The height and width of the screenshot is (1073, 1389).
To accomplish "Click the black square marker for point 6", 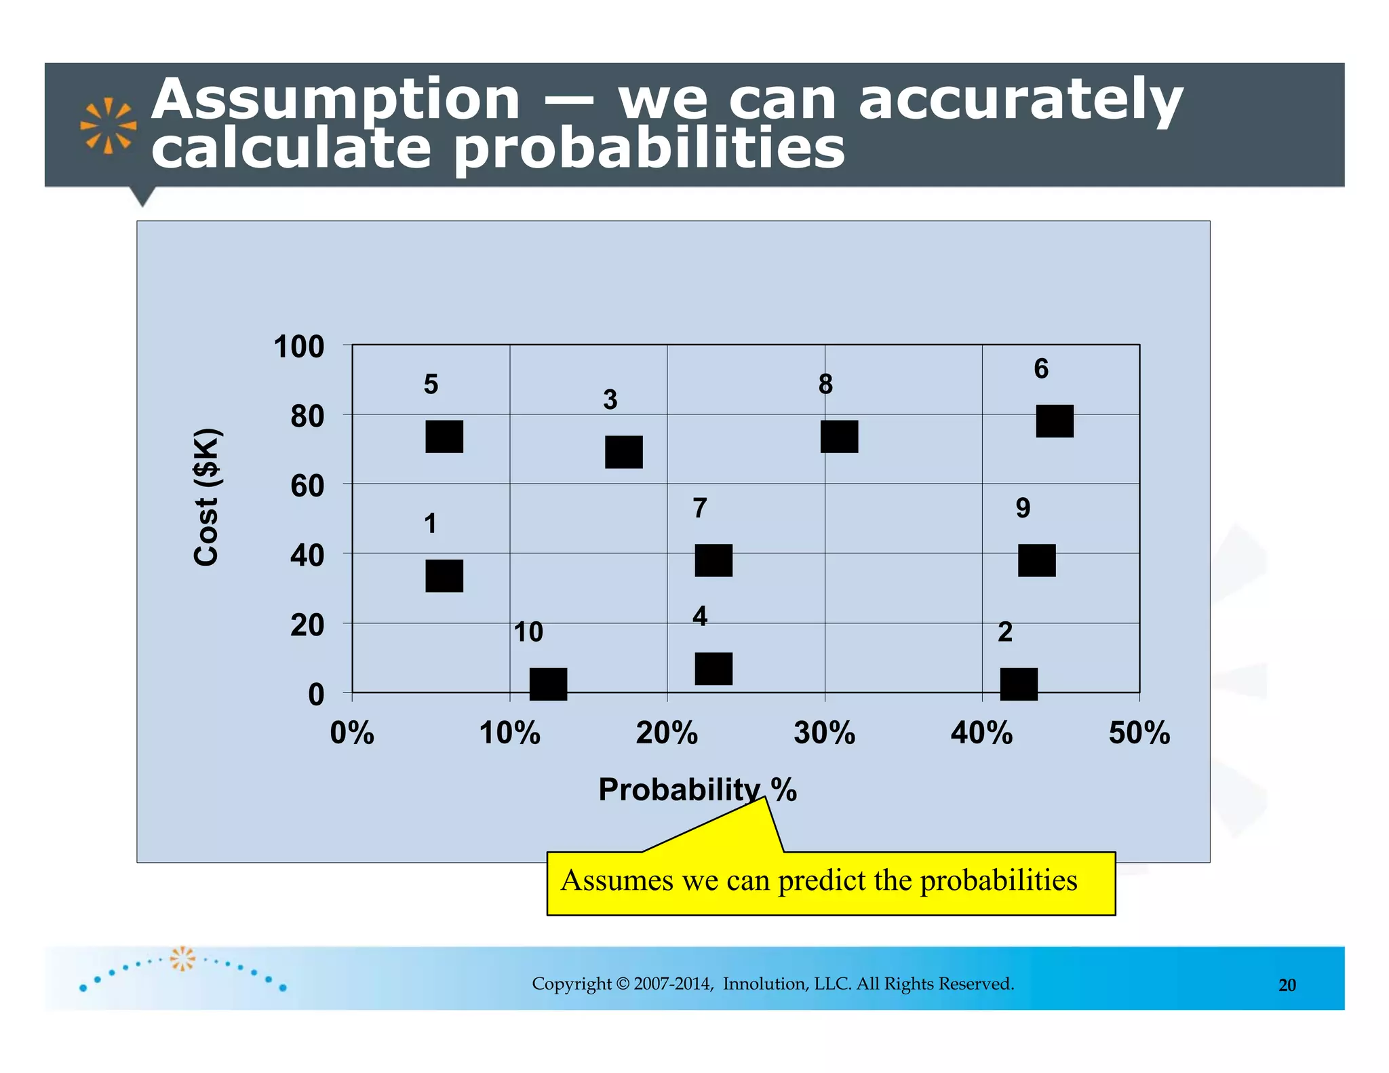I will [1054, 421].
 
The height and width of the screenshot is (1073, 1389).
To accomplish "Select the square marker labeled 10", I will [547, 683].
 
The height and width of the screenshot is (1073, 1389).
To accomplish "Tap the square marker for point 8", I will [839, 436].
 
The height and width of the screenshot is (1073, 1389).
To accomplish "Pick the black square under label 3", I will [623, 452].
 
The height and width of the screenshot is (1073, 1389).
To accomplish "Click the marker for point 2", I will [1018, 683].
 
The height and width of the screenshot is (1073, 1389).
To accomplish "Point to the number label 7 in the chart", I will [700, 508].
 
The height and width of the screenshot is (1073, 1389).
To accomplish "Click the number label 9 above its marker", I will [1023, 508].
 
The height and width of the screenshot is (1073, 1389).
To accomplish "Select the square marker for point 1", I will [444, 576].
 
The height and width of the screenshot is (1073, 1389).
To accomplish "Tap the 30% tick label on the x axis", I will [824, 733].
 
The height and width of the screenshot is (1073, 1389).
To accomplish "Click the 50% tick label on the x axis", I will [1139, 733].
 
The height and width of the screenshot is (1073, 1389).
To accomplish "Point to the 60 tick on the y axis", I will [307, 486].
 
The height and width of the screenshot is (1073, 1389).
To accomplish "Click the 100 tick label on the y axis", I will [298, 347].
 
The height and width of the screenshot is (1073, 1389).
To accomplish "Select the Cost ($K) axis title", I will [206, 497].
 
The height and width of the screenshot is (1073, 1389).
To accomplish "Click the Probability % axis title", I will [697, 789].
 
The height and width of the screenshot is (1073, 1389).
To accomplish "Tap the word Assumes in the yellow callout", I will [617, 880].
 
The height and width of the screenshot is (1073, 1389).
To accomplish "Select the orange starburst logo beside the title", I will [108, 125].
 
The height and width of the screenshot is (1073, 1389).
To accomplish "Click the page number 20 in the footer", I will [1287, 986].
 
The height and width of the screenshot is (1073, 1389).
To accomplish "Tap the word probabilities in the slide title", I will [649, 149].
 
